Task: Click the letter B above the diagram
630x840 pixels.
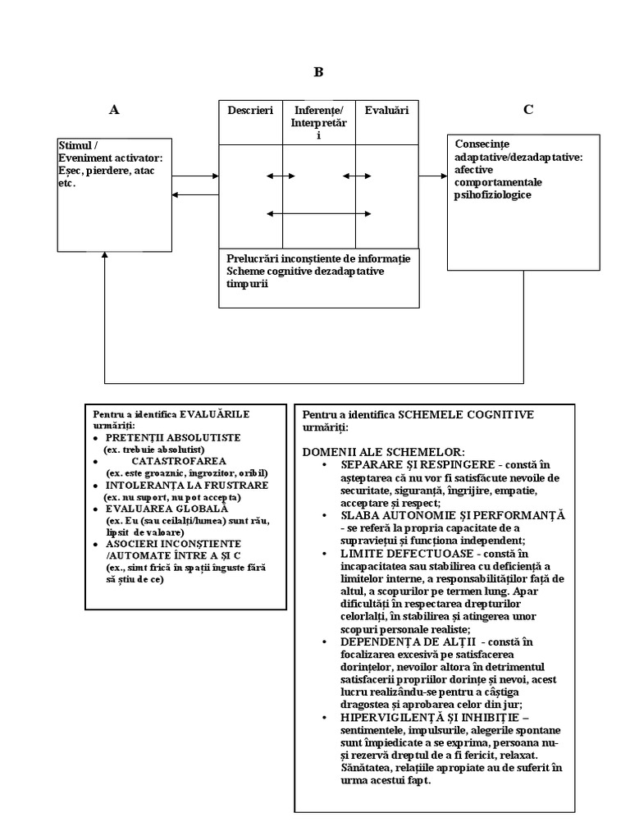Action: click(x=318, y=72)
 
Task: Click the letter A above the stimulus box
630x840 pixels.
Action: click(x=114, y=109)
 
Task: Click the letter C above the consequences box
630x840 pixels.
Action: click(x=528, y=109)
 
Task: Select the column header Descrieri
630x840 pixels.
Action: click(x=250, y=110)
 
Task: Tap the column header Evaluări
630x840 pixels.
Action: click(x=386, y=110)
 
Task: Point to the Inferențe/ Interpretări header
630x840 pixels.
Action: click(x=318, y=122)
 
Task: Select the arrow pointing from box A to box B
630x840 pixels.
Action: click(x=196, y=176)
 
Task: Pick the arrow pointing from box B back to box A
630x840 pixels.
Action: click(x=196, y=194)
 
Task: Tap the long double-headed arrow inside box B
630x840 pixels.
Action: click(x=317, y=214)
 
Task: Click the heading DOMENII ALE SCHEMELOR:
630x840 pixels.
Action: click(x=383, y=452)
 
